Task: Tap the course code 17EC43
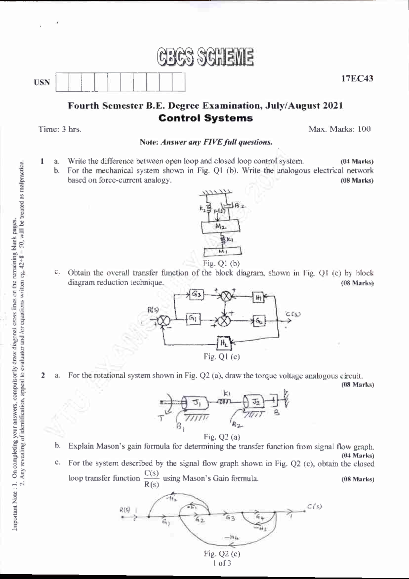click(357, 79)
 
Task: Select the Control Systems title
click(206, 118)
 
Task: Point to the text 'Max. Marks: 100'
click(339, 129)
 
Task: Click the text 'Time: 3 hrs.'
click(60, 129)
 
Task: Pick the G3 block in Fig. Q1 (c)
click(196, 295)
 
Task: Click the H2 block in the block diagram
click(224, 343)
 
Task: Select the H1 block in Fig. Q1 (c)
click(258, 297)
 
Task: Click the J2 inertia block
click(255, 402)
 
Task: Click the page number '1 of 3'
click(222, 563)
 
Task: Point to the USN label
click(42, 82)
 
